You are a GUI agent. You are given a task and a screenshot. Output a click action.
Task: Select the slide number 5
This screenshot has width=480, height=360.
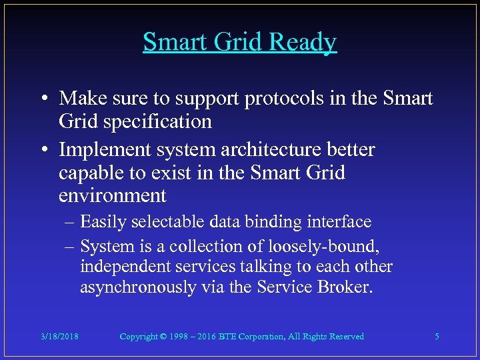tap(437, 337)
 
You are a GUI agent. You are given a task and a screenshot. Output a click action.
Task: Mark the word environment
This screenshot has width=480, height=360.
tap(112, 196)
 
